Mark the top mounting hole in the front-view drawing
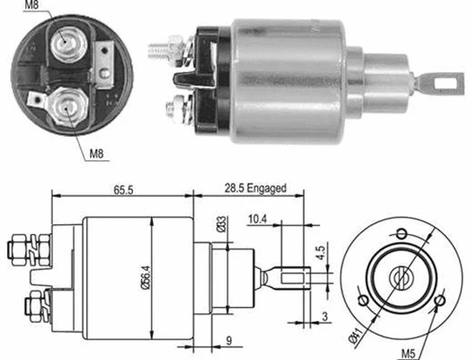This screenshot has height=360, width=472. point(401,235)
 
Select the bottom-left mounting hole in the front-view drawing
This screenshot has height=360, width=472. point(363,300)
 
